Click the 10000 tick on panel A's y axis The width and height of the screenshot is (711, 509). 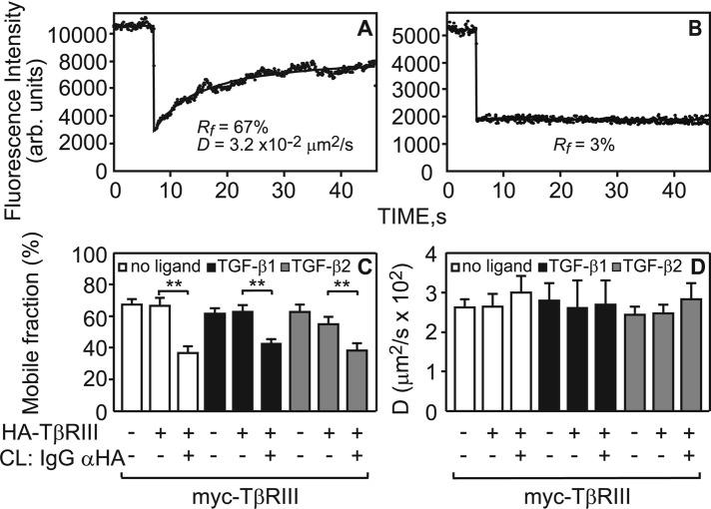tap(81, 34)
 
